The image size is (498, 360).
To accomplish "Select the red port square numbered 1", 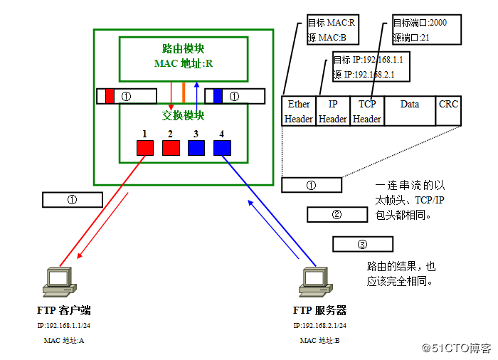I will tap(145, 147).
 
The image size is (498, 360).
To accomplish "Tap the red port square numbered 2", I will tap(171, 147).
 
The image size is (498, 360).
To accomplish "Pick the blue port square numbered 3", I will tap(196, 147).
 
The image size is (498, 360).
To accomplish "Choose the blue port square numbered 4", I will tap(222, 147).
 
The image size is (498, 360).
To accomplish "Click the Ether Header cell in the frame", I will tap(299, 111).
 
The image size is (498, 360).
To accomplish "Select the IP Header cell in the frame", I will tap(333, 111).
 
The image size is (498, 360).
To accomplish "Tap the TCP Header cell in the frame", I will tap(367, 111).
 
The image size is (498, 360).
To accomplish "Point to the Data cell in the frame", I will tap(410, 111).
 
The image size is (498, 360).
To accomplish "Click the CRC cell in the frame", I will tap(448, 111).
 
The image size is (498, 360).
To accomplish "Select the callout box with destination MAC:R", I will tap(332, 29).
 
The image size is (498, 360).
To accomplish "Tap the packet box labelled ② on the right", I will tap(337, 214).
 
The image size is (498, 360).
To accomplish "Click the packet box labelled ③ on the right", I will tap(363, 244).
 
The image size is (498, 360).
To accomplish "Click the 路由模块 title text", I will tap(184, 49).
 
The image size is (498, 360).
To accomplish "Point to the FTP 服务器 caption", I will tap(319, 311).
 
